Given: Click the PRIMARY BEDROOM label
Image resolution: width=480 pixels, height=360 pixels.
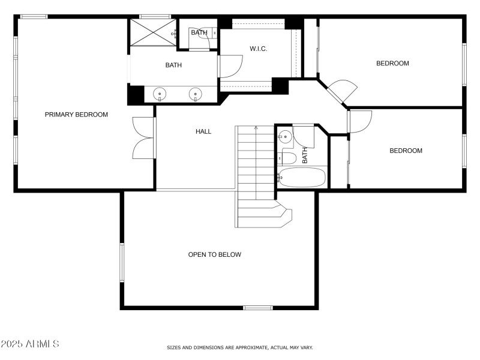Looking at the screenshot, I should click(76, 115).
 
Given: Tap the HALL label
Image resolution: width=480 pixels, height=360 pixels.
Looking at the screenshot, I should click(203, 131).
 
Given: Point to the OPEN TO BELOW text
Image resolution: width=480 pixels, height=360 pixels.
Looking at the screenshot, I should click(215, 254).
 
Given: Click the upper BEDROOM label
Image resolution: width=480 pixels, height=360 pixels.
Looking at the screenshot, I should click(392, 64).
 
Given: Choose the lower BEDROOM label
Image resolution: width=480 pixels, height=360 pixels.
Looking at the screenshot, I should click(406, 151).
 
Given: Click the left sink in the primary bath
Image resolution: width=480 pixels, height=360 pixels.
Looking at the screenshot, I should click(160, 94).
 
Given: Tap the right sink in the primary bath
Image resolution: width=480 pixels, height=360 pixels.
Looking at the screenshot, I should click(195, 94).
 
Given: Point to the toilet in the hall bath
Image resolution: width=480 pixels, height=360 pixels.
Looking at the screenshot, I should click(287, 158).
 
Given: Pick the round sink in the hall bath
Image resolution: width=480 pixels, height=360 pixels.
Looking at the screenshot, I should click(285, 137).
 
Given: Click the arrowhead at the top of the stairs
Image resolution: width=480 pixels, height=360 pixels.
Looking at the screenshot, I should click(256, 128).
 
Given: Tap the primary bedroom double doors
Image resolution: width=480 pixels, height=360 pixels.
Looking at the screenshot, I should click(143, 138).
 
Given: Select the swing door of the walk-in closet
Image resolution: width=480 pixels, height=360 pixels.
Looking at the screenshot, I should click(230, 66).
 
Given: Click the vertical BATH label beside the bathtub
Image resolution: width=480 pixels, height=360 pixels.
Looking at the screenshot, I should click(305, 155).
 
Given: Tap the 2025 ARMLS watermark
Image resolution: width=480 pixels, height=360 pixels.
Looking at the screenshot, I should click(30, 344).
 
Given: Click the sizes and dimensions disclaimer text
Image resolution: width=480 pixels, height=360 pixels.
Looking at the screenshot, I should click(239, 347).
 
